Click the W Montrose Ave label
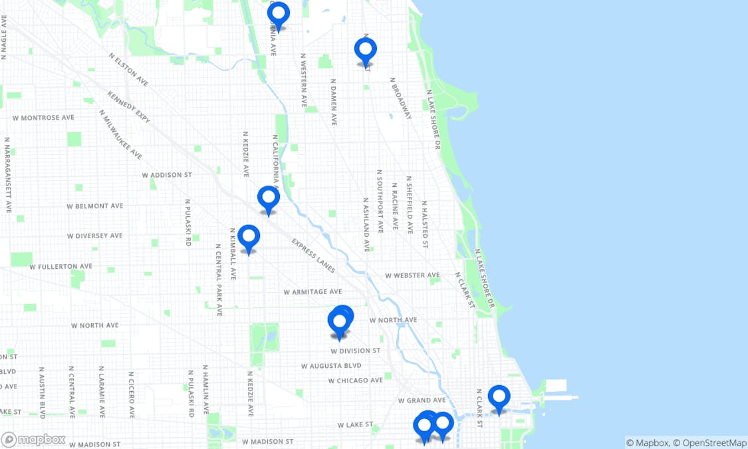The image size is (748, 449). click(43, 118)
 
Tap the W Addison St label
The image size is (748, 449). click(166, 175)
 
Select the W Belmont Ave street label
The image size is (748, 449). click(95, 206)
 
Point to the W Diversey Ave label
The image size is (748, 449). click(94, 235)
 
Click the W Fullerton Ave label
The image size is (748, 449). click(61, 266)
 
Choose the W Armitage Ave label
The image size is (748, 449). click(312, 291)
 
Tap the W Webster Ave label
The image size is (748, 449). click(412, 275)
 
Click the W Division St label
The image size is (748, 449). click(356, 351)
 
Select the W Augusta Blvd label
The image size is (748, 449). click(331, 366)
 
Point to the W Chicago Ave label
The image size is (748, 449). click(356, 380)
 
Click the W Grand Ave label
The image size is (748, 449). click(422, 400)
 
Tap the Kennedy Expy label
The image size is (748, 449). click(128, 107)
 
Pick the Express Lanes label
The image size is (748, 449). click(313, 255)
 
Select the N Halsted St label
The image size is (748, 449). click(424, 224)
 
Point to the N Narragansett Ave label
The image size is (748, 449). click(7, 175)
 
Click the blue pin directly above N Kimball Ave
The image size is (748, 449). click(249, 237)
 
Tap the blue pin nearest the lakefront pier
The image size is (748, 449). click(499, 398)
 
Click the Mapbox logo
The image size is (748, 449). click(34, 439)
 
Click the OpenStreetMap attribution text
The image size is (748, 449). click(709, 442)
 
